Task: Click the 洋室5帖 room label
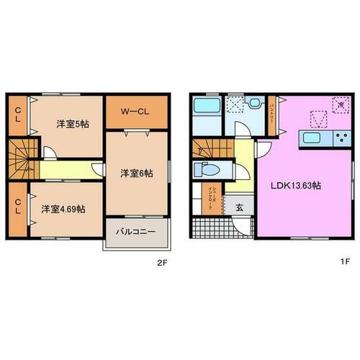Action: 73,123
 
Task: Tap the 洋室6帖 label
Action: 135,172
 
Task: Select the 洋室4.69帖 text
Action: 63,209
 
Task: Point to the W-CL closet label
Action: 135,112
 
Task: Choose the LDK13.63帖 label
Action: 295,185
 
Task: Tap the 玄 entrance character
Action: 238,207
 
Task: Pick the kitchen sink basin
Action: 314,138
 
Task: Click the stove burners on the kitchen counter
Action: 336,138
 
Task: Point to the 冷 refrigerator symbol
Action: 339,106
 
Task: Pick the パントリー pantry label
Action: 271,114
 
